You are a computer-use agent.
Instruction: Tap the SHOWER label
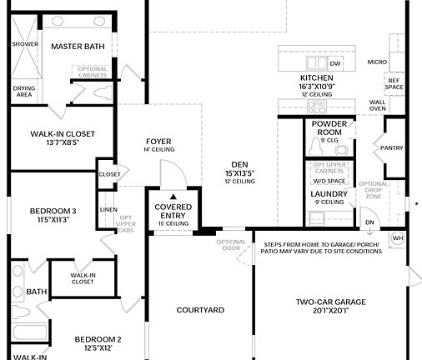[24, 44]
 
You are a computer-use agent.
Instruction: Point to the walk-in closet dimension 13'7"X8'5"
[63, 142]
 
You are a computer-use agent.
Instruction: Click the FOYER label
[158, 141]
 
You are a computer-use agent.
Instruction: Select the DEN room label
[239, 164]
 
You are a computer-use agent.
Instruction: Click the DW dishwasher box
[335, 63]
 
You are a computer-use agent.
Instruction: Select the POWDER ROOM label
[329, 127]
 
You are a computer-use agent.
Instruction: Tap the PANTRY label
[391, 148]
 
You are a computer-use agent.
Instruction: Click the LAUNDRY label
[328, 193]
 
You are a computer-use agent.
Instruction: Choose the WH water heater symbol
[397, 237]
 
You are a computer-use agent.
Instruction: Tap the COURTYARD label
[200, 310]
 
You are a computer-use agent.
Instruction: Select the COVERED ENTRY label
[173, 210]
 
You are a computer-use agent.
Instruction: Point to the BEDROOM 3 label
[46, 211]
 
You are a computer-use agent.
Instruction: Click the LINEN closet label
[108, 209]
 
